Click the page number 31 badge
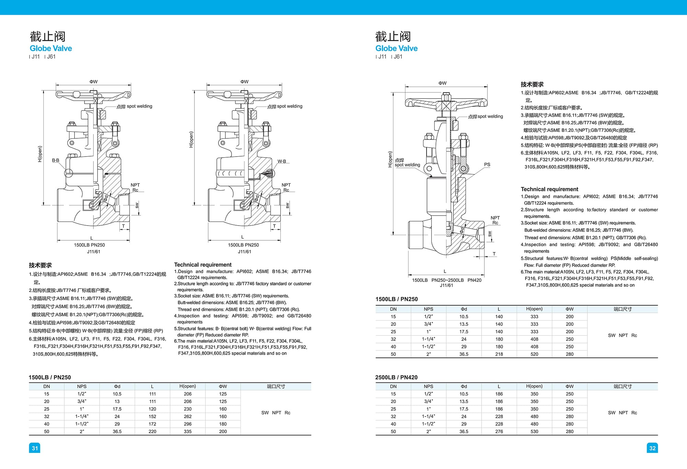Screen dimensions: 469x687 pyautogui.click(x=35, y=448)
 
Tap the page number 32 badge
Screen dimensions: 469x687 pyautogui.click(x=652, y=448)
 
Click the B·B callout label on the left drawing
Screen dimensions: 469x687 pyautogui.click(x=56, y=160)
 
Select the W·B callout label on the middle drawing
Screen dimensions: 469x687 pyautogui.click(x=282, y=161)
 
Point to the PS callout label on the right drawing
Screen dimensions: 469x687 pyautogui.click(x=487, y=164)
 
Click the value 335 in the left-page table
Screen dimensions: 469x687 pyautogui.click(x=188, y=432)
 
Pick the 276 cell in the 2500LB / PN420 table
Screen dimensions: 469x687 pyautogui.click(x=499, y=432)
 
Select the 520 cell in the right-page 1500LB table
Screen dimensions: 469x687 pyautogui.click(x=534, y=354)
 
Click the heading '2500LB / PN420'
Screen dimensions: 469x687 pyautogui.click(x=396, y=377)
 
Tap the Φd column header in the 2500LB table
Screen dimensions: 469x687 pyautogui.click(x=464, y=386)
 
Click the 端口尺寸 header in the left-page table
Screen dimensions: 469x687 pyautogui.click(x=276, y=386)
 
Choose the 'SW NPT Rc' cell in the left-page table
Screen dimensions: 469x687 pyautogui.click(x=276, y=413)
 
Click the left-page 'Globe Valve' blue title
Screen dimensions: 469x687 pyautogui.click(x=51, y=48)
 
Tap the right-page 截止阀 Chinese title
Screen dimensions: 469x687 pyautogui.click(x=393, y=36)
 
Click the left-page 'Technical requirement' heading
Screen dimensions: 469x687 pyautogui.click(x=203, y=265)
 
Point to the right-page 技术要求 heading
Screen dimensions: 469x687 pyautogui.click(x=532, y=84)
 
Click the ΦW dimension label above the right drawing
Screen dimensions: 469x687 pyautogui.click(x=442, y=83)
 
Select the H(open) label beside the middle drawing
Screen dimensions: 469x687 pyautogui.click(x=191, y=139)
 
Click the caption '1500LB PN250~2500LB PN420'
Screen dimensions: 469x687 pyautogui.click(x=447, y=280)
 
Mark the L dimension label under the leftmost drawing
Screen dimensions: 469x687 pyautogui.click(x=92, y=238)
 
